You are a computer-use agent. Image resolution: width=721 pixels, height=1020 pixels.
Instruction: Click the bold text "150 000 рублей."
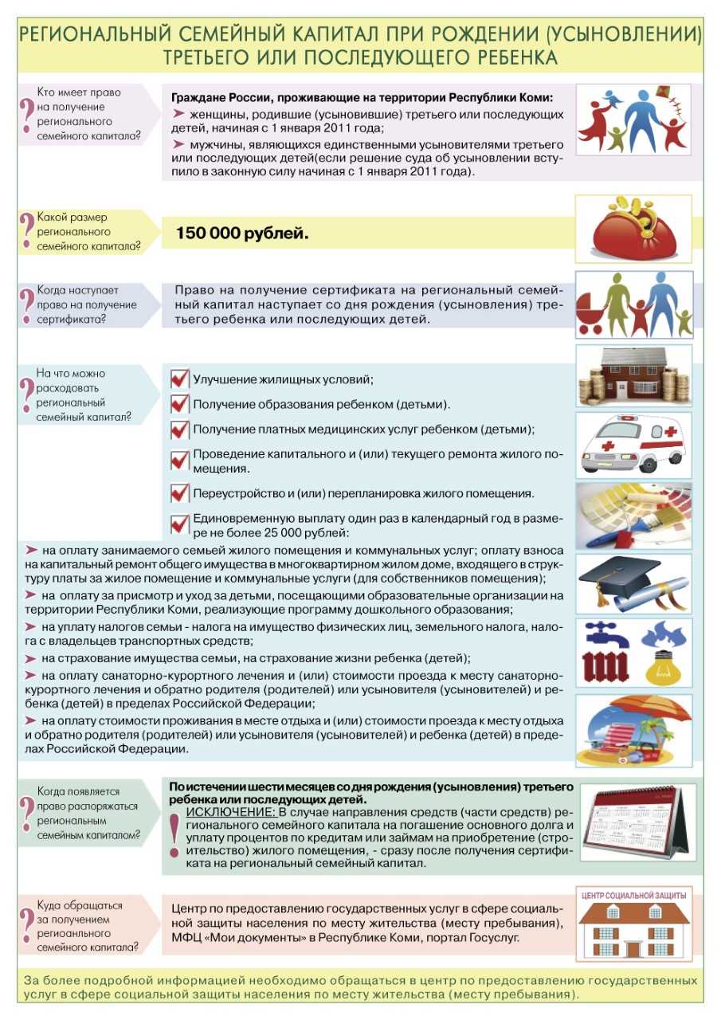click(x=241, y=234)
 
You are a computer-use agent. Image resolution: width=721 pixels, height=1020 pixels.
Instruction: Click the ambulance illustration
click(x=634, y=445)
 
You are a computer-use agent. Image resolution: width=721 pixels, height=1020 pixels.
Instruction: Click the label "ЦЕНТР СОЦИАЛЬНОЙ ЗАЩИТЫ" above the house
click(x=633, y=895)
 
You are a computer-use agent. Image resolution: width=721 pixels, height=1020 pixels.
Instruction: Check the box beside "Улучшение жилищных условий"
click(x=180, y=379)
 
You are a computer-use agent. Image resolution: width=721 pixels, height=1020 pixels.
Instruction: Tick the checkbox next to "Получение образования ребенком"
click(x=180, y=404)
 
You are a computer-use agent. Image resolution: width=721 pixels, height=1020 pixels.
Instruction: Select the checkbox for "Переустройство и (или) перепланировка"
click(x=180, y=493)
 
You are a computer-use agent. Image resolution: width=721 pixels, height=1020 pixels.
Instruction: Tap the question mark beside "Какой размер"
click(x=27, y=231)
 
